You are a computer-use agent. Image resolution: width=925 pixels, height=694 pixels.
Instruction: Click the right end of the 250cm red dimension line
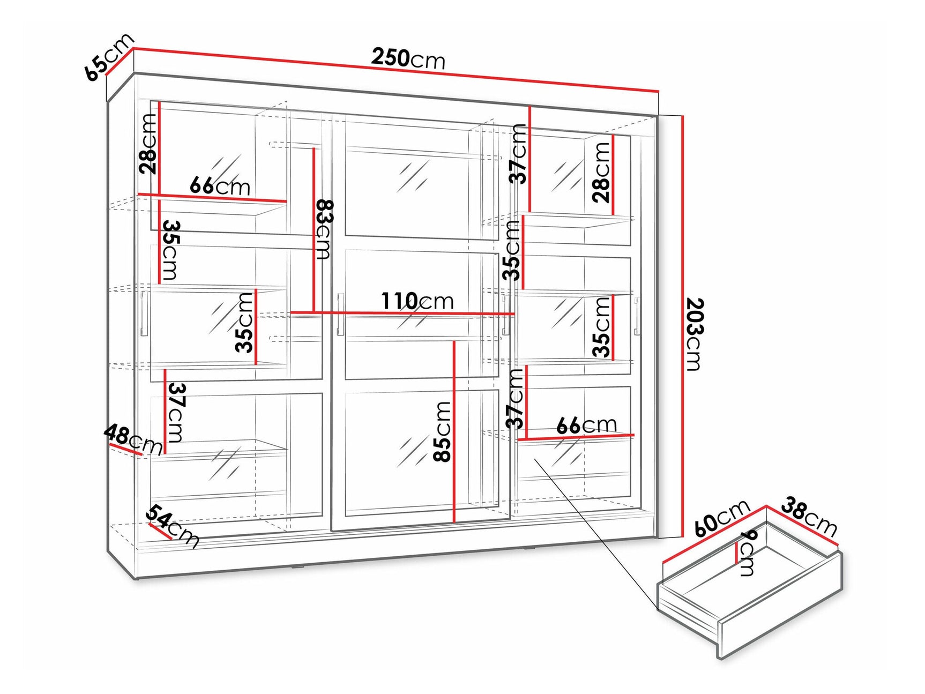pyautogui.click(x=659, y=92)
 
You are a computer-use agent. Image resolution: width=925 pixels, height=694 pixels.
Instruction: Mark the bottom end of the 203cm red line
pyautogui.click(x=682, y=535)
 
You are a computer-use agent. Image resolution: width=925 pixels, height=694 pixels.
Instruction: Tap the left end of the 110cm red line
pyautogui.click(x=290, y=312)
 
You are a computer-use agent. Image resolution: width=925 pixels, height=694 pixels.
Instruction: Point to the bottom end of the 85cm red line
pyautogui.click(x=454, y=521)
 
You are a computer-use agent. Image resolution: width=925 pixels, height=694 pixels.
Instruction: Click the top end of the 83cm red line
pyautogui.click(x=314, y=148)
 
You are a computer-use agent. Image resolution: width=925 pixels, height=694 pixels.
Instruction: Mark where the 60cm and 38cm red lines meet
pyautogui.click(x=766, y=506)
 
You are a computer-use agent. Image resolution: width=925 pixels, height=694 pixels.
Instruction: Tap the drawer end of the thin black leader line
pyautogui.click(x=658, y=609)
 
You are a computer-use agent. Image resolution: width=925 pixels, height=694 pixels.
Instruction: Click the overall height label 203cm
pyautogui.click(x=693, y=334)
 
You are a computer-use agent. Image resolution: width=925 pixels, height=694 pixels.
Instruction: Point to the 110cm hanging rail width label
pyautogui.click(x=417, y=301)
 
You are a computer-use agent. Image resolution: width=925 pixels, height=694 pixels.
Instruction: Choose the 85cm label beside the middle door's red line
pyautogui.click(x=443, y=431)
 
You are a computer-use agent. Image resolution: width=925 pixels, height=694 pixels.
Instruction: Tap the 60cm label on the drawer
pyautogui.click(x=721, y=518)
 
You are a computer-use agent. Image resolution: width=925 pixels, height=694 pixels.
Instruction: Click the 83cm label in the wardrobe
pyautogui.click(x=325, y=229)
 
